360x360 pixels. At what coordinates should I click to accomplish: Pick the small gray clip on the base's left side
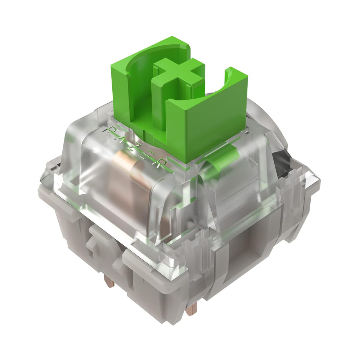pyautogui.click(x=94, y=239)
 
